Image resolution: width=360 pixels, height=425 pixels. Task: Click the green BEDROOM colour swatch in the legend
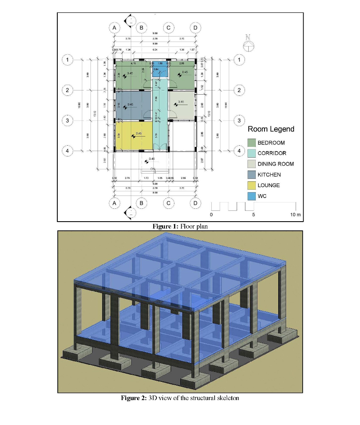251,142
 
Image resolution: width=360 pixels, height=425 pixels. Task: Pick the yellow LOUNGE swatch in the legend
251,186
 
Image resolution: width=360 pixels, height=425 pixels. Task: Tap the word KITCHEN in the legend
269,175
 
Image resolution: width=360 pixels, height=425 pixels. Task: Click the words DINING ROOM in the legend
275,164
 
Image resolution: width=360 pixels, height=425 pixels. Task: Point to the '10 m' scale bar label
295,215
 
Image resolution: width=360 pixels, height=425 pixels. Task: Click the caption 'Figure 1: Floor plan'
180,226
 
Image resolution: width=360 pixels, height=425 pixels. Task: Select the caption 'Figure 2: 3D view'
180,398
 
